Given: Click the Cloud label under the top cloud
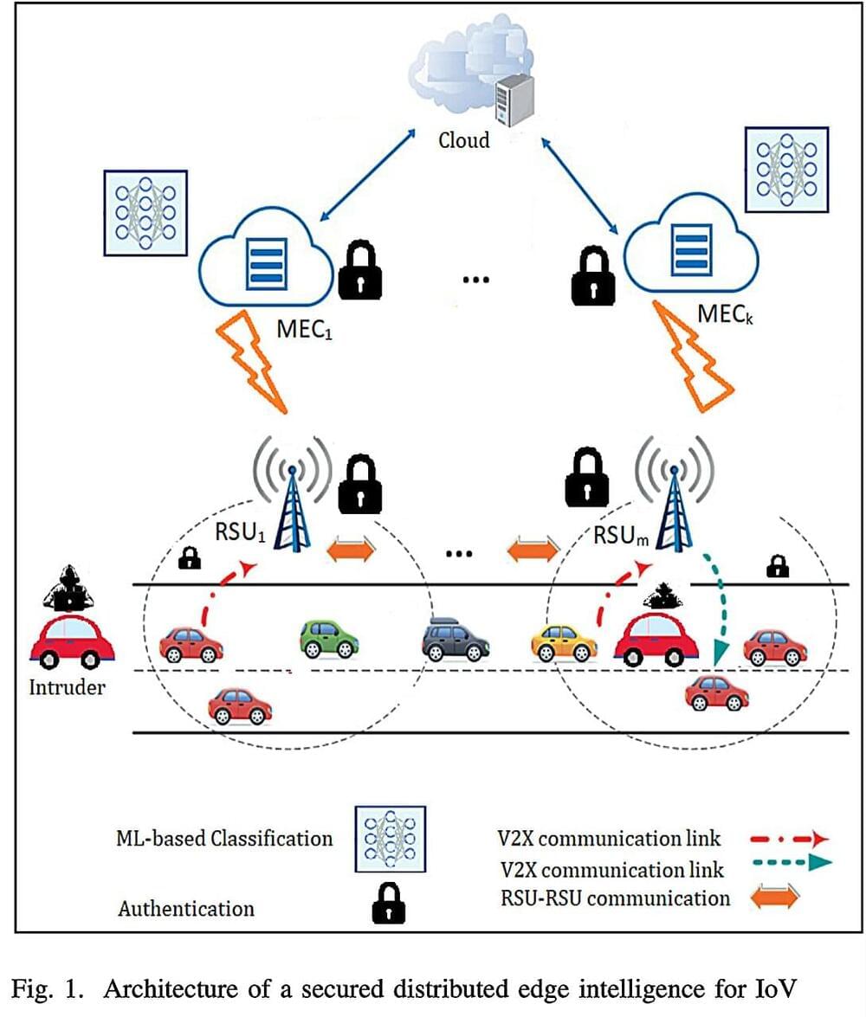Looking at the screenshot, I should (x=463, y=139).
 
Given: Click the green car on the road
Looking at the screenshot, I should (x=329, y=640).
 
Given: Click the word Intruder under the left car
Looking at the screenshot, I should (x=67, y=689).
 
